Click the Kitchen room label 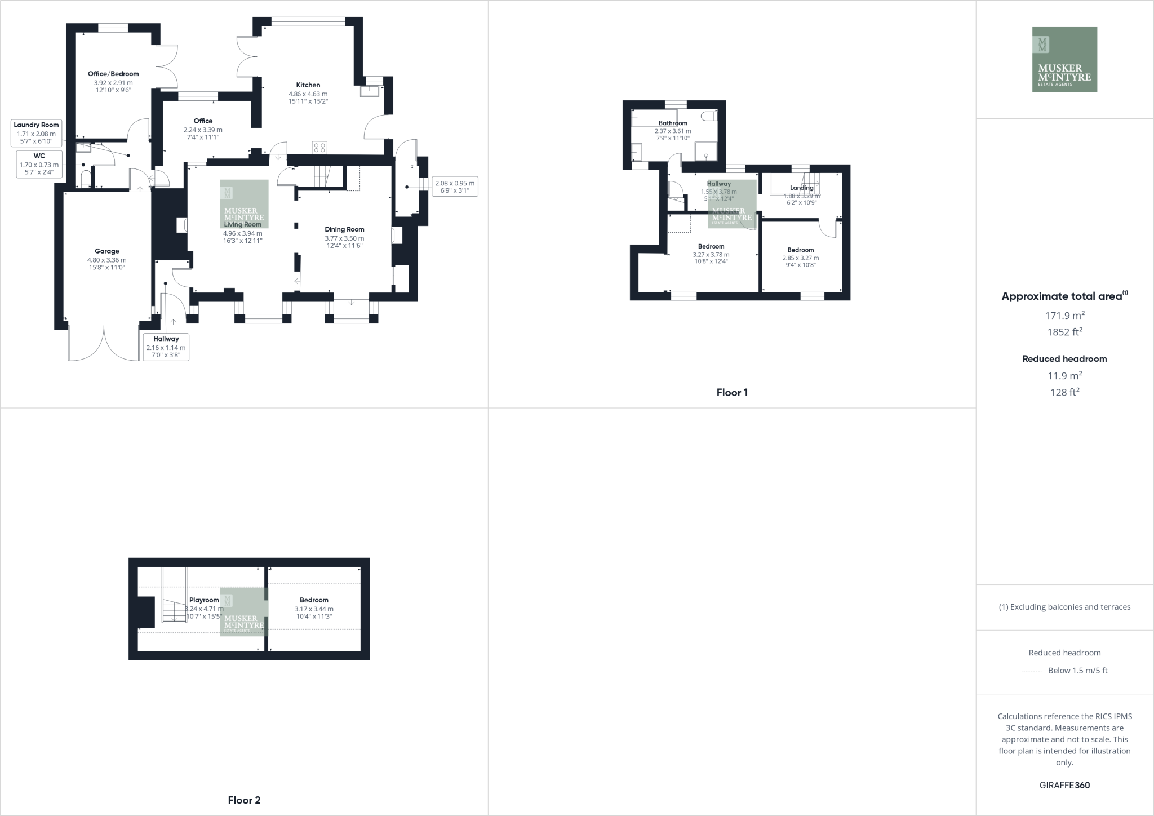[x=308, y=85]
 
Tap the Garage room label [x=106, y=251]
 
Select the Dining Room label [x=344, y=229]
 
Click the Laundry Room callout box [x=36, y=133]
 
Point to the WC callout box [x=39, y=164]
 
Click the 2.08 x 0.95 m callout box [x=454, y=187]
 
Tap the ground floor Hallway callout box [x=166, y=347]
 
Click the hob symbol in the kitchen [x=319, y=148]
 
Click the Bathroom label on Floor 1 [x=673, y=123]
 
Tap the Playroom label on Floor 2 [x=204, y=600]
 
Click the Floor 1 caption [x=732, y=393]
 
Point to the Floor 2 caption [x=244, y=800]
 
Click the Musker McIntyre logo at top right [x=1064, y=59]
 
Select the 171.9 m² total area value [x=1064, y=315]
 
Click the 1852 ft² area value [x=1064, y=332]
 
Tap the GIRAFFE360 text [x=1064, y=785]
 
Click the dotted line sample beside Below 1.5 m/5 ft [x=1031, y=671]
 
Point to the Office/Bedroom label [x=113, y=74]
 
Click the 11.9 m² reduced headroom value [x=1064, y=375]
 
